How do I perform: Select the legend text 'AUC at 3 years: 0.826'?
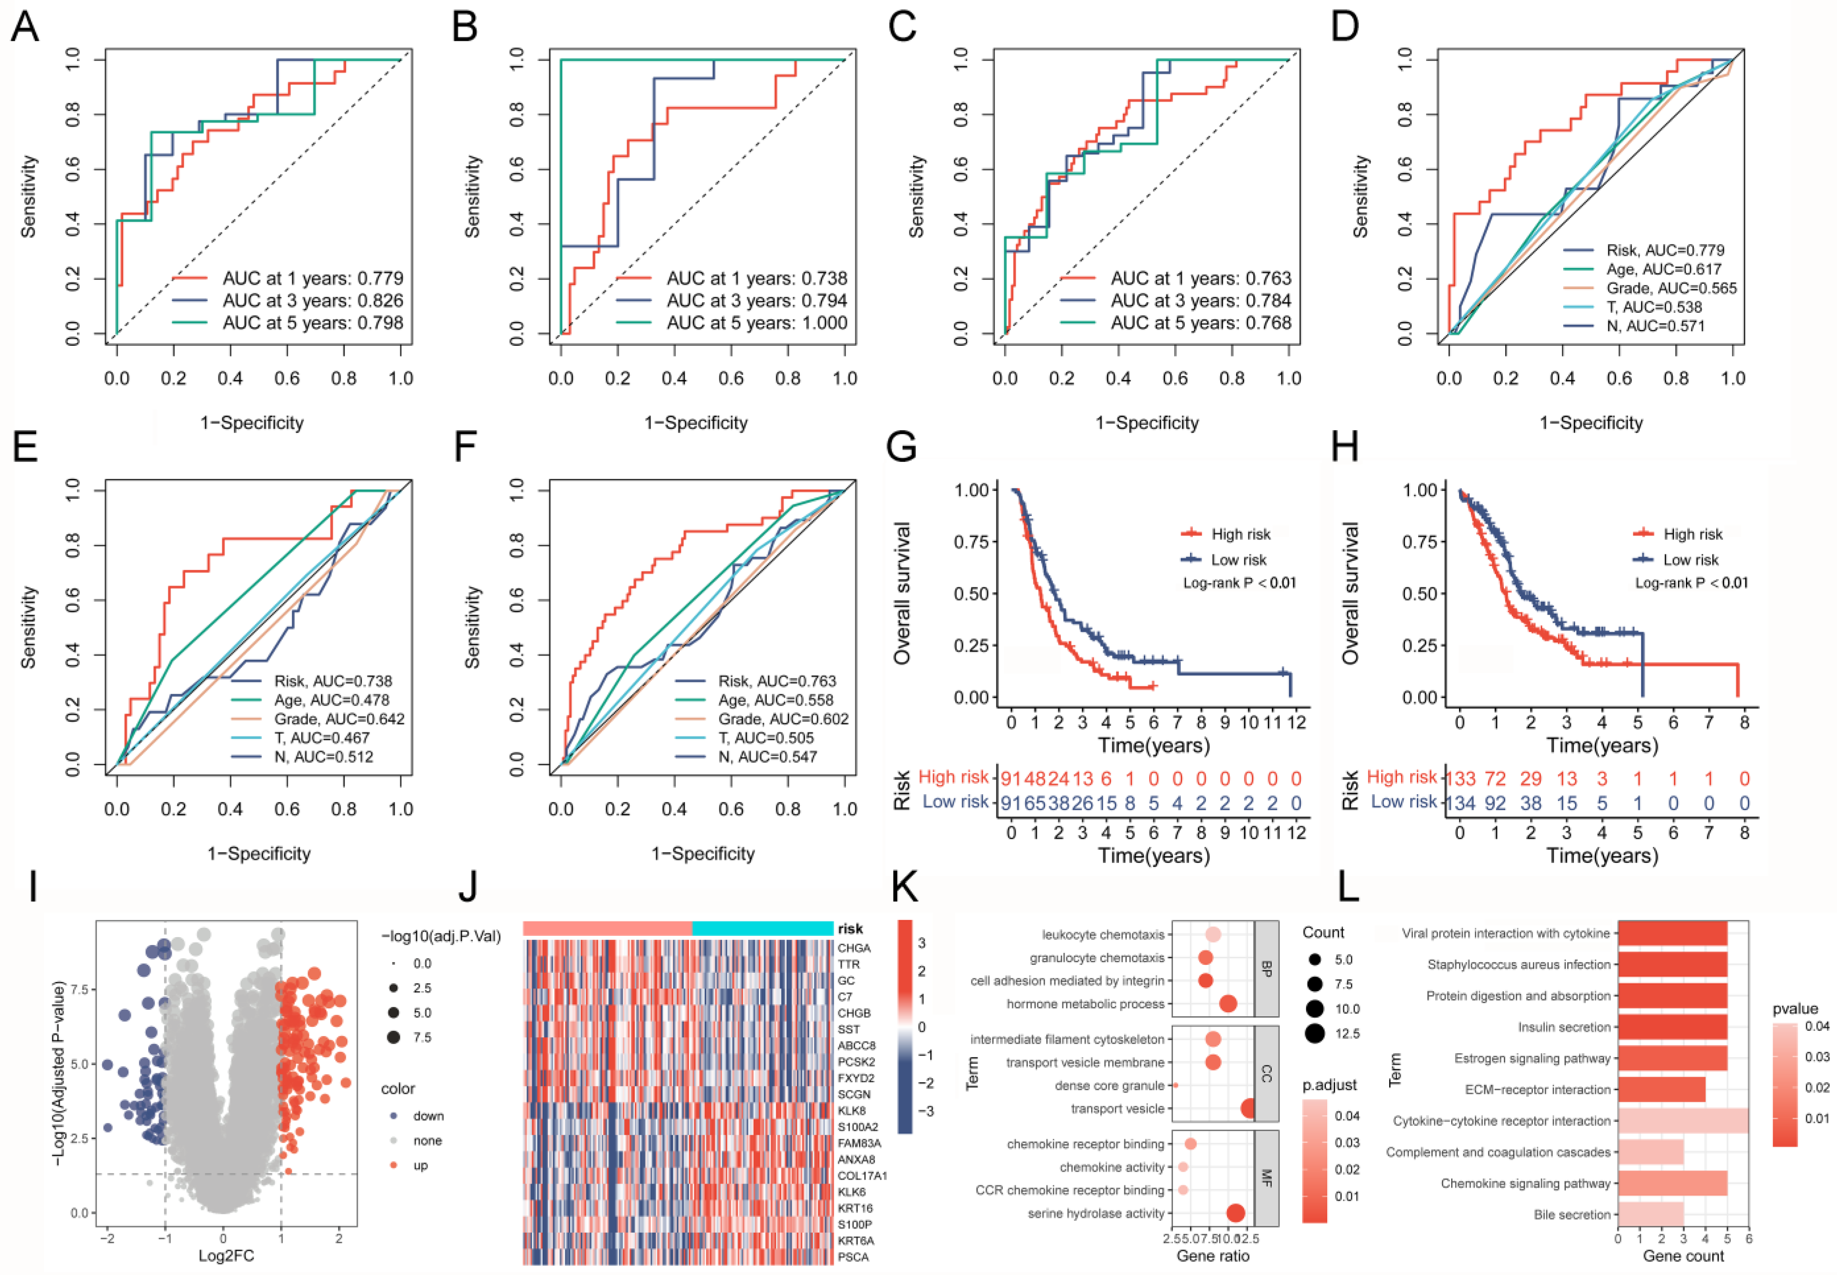coord(312,301)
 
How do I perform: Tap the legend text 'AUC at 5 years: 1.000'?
coord(757,323)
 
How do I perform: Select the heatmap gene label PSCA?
coord(853,1257)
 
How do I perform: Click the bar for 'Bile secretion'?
coord(1650,1214)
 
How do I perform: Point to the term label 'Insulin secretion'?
coord(1564,1027)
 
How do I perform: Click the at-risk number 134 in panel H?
coord(1461,802)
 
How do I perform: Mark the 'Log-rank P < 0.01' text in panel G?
coord(1239,583)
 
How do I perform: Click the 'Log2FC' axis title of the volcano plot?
coord(226,1256)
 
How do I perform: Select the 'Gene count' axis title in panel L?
coord(1683,1256)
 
